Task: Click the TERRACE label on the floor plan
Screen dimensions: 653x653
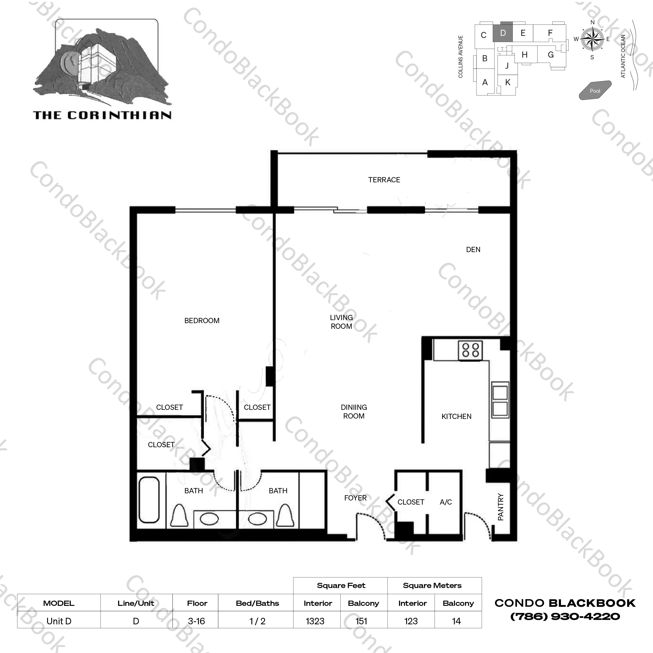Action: (384, 180)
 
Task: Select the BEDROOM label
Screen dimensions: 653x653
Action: (202, 320)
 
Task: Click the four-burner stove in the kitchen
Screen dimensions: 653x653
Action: (470, 350)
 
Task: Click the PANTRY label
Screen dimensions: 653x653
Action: (501, 507)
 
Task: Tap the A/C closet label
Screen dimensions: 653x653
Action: (446, 502)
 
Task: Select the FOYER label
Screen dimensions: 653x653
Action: (355, 498)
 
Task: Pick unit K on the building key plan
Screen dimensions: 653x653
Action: (508, 82)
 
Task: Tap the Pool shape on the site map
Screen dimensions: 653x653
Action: (595, 90)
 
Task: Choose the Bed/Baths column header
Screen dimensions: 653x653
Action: (257, 603)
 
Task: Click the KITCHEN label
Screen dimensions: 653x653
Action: (456, 417)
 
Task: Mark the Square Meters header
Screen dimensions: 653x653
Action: (432, 585)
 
